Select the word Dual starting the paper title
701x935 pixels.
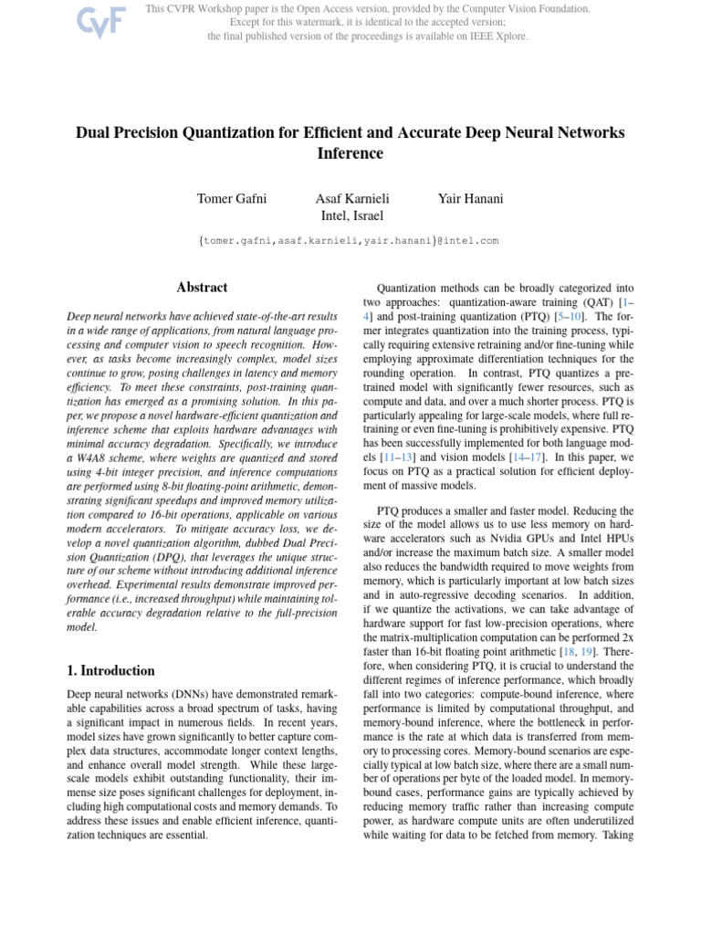[x=93, y=132]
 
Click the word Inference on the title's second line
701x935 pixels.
[x=350, y=153]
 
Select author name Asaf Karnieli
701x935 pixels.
[x=350, y=199]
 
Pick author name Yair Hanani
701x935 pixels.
[x=470, y=199]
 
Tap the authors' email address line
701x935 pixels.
[x=350, y=241]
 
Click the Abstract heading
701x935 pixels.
[x=202, y=287]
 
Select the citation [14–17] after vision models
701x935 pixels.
[x=507, y=457]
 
